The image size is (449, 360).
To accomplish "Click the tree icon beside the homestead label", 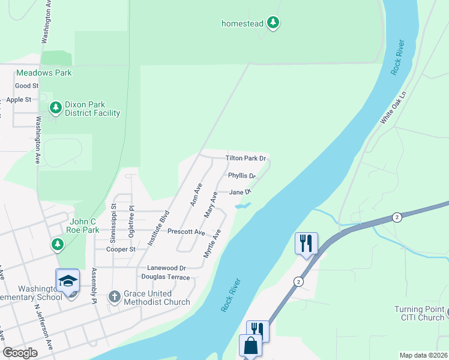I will pos(274,23).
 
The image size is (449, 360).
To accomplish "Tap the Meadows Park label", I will pos(44,73).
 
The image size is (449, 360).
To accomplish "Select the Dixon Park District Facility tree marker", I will pos(56,108).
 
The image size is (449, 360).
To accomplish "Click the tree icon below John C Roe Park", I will pos(57,244).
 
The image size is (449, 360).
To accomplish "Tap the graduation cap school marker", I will pos(67,281).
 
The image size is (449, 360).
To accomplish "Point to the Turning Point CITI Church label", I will pos(419,313).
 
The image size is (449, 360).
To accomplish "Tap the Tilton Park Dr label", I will pos(246,158).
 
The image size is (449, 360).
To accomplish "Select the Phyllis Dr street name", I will pos(242,176).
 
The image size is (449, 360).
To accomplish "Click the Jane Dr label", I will pos(239,192).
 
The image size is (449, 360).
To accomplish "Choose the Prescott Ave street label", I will pos(186,232).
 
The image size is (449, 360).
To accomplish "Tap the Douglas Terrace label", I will pos(165,277).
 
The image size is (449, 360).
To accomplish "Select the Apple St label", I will pos(19,100).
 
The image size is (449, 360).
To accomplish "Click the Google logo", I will pos(20,352).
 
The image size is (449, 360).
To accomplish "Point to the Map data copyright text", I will pos(424,355).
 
